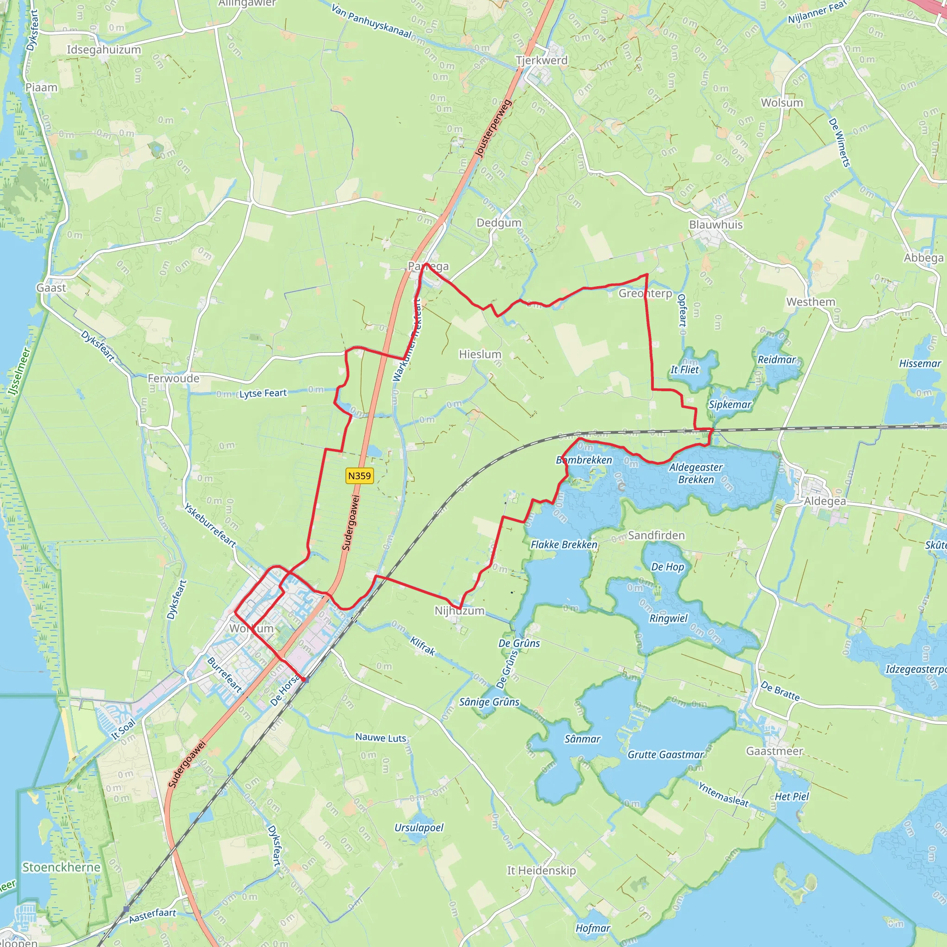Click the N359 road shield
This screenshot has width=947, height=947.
pyautogui.click(x=359, y=475)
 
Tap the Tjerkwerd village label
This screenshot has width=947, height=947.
pyautogui.click(x=541, y=60)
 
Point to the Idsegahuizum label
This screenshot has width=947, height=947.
pyautogui.click(x=104, y=49)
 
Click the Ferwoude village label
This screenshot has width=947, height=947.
pyautogui.click(x=173, y=378)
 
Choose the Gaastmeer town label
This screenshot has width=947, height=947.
pyautogui.click(x=775, y=751)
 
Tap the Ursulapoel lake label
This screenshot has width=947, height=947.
pyautogui.click(x=418, y=827)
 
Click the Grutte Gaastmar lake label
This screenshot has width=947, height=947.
pyautogui.click(x=666, y=754)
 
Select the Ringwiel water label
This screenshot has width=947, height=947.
pyautogui.click(x=669, y=618)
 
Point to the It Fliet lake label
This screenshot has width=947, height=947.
pyautogui.click(x=685, y=369)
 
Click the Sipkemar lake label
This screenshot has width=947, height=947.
pyautogui.click(x=730, y=405)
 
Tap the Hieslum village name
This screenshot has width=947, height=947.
pyautogui.click(x=480, y=354)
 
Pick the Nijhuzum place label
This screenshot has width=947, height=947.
pyautogui.click(x=459, y=611)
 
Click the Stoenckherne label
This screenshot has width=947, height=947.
pyautogui.click(x=61, y=867)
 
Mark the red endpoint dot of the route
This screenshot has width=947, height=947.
pyautogui.click(x=303, y=679)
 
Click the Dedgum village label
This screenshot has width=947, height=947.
pyautogui.click(x=499, y=222)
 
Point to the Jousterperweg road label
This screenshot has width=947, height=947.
pyautogui.click(x=493, y=129)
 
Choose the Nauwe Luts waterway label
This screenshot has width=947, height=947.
pyautogui.click(x=381, y=737)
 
